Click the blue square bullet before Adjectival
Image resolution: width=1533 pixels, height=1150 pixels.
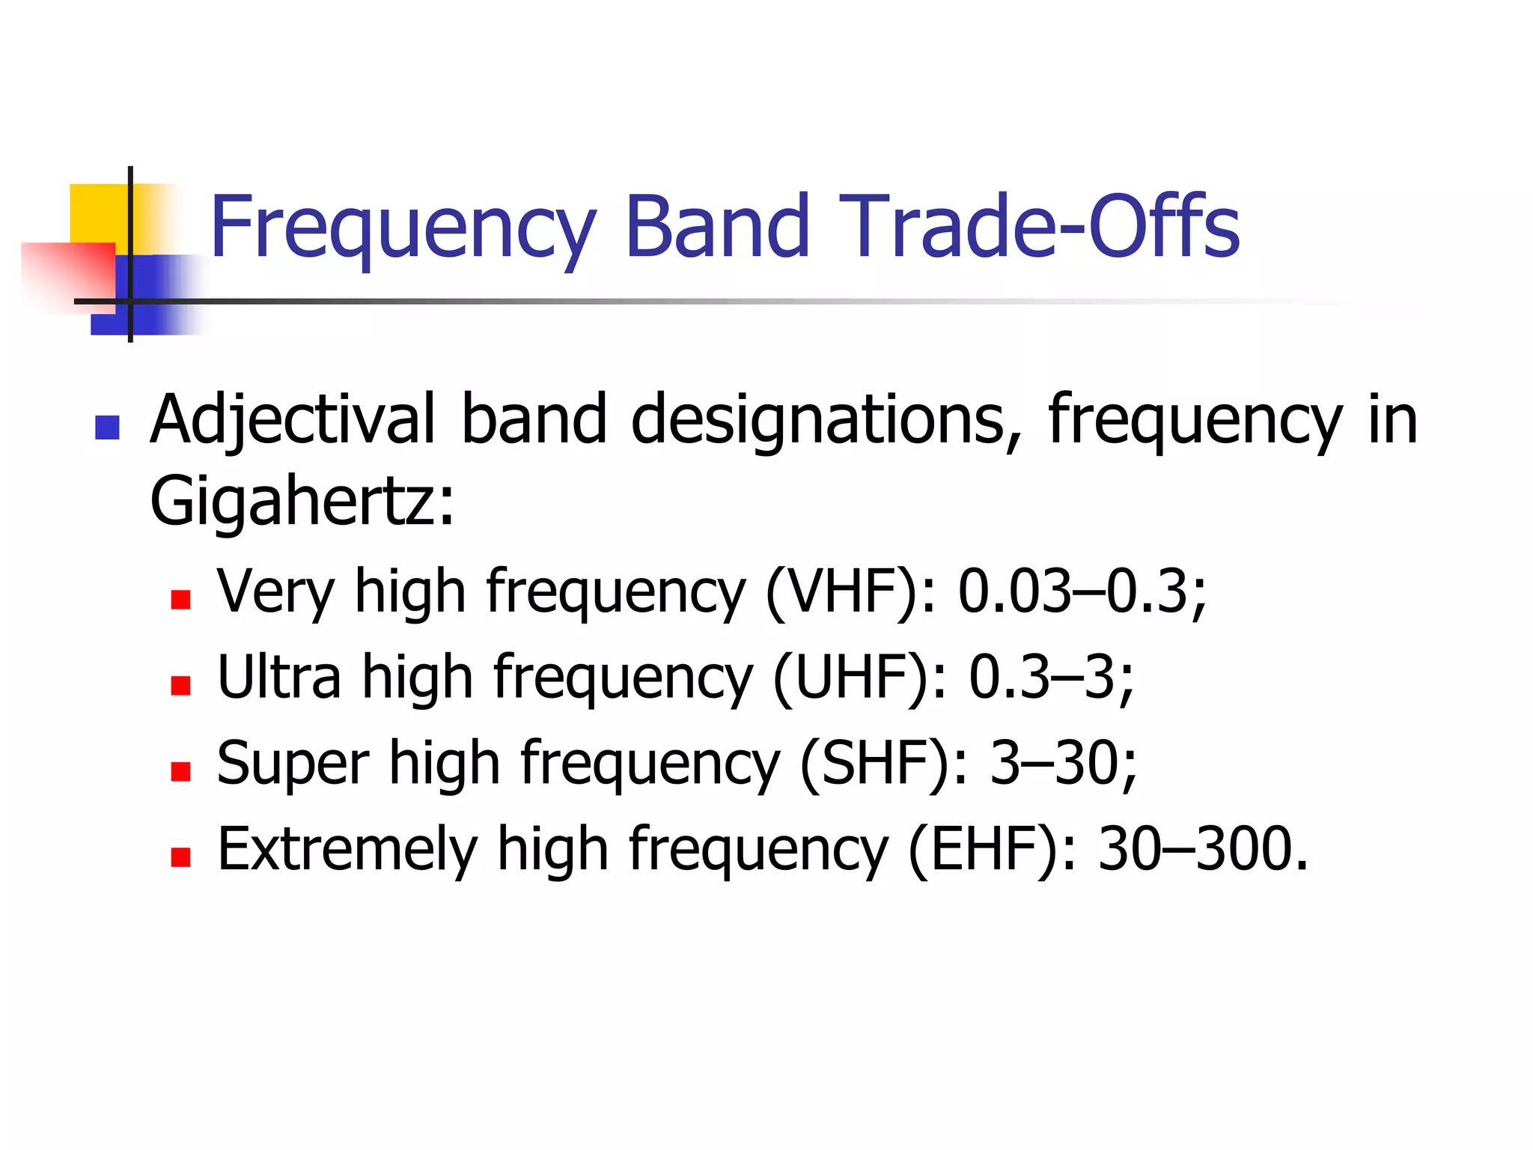[108, 428]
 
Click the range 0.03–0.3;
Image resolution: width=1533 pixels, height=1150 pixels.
[1082, 591]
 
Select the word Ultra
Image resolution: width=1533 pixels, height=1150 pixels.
[278, 678]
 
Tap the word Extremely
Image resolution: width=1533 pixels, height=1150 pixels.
[347, 849]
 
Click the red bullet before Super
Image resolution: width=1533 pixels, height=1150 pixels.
[180, 771]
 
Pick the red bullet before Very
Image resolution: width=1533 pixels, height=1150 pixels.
[180, 599]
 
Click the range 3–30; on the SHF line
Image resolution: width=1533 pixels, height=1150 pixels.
[1063, 764]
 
